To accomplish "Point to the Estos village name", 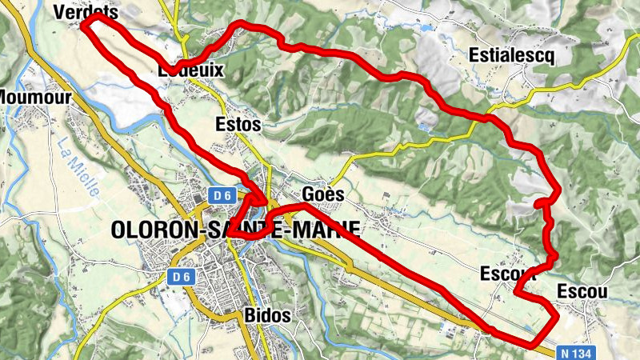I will (x=238, y=125).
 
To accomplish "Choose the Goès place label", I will (x=323, y=194).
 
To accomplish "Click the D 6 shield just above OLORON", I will (x=222, y=194).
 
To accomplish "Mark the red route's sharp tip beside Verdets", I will (x=86, y=23).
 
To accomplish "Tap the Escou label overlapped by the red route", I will (x=506, y=274).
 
